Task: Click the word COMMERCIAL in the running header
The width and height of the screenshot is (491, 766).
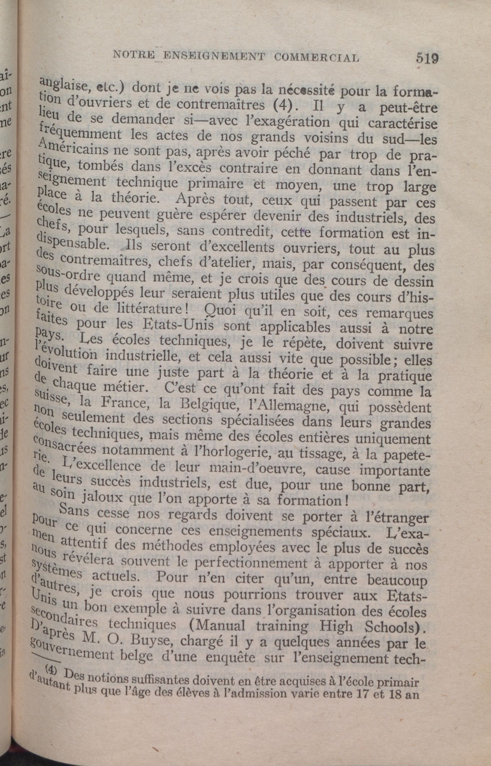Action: click(x=316, y=57)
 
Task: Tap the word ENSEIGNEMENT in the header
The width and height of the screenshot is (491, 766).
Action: click(x=214, y=56)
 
